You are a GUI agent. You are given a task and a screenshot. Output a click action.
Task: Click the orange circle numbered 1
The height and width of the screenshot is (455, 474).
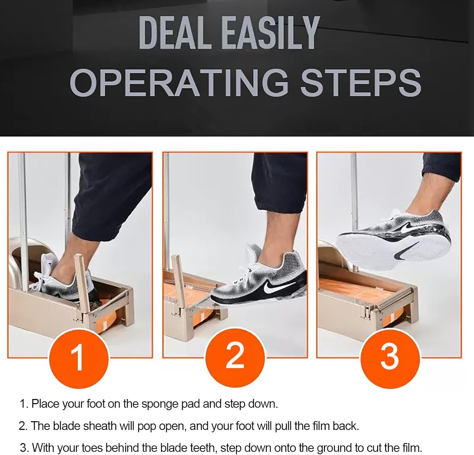pyautogui.click(x=78, y=358)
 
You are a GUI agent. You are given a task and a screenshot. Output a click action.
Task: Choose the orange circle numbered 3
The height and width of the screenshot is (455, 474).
pyautogui.click(x=390, y=356)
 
